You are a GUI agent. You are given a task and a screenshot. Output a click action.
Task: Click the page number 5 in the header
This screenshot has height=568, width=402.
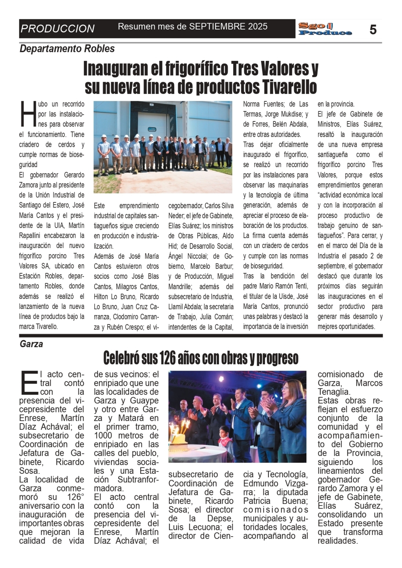373,29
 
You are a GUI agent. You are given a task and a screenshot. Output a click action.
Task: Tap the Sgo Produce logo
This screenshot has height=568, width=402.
325,29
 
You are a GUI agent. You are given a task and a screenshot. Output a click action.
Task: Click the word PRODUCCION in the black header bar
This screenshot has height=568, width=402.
57,29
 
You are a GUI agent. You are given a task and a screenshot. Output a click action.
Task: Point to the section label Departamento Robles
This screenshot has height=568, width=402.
67,49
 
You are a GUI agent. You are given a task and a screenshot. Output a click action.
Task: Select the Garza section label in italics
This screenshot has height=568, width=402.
31,344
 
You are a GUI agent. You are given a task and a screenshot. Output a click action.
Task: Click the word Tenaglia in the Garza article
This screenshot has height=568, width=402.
333,392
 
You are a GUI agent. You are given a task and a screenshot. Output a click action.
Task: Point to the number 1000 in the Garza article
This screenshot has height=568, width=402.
106,435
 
